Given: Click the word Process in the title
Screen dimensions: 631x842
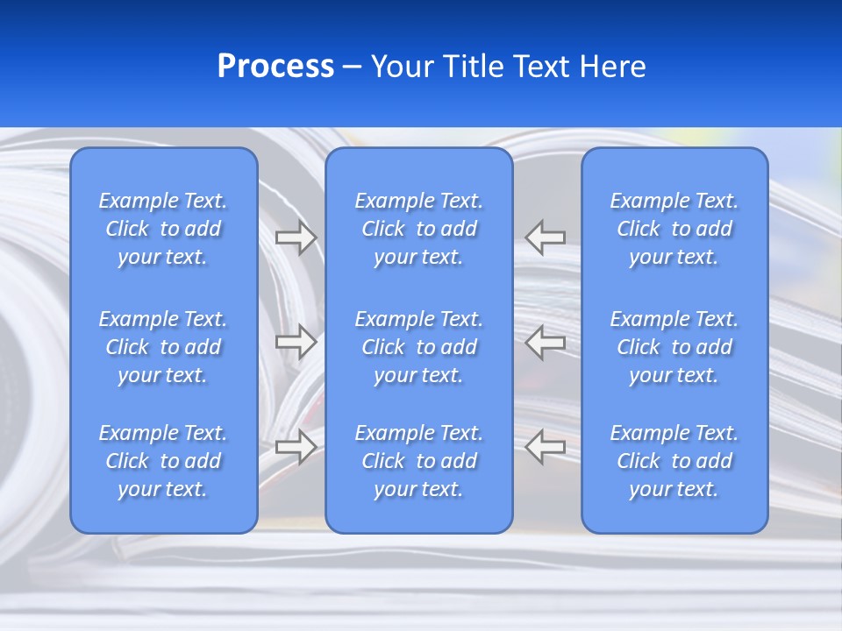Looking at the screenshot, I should point(275,67).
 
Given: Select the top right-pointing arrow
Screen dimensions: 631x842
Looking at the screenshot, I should point(296,238).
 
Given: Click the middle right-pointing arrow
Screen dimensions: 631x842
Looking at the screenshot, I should point(296,342).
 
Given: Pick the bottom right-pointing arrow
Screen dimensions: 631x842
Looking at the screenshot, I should point(296,447).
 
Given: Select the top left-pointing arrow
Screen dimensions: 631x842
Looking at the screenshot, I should point(545,237).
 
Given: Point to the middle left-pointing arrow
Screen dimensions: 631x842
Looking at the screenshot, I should point(545,342).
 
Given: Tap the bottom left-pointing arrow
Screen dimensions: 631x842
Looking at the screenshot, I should point(545,446).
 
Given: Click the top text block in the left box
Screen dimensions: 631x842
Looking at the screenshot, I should point(163,229).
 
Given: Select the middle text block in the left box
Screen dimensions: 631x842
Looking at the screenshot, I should point(163,347).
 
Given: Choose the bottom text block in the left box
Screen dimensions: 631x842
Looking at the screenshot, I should point(163,461).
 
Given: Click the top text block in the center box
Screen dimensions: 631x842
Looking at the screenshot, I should point(418,229).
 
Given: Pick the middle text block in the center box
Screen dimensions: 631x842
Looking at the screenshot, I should point(418,347).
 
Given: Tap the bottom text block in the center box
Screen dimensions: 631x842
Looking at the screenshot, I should point(418,461).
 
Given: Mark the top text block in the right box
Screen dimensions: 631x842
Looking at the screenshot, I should point(674,229).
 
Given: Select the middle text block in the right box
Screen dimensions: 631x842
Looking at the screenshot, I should point(674,347).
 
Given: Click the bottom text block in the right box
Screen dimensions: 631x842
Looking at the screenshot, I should point(674,461).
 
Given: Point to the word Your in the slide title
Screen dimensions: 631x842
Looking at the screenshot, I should point(403,67).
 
